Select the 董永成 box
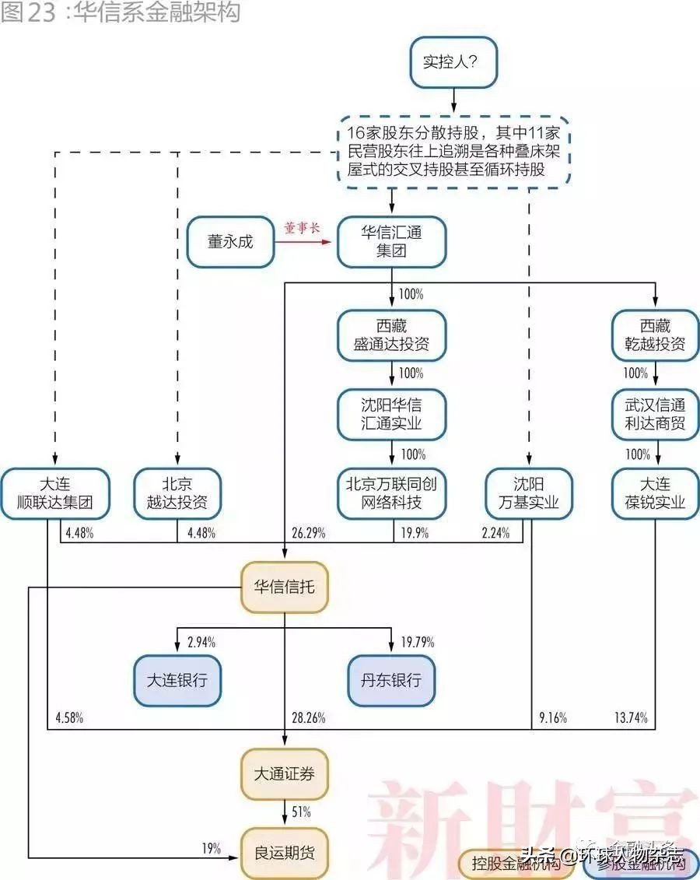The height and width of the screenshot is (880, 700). tap(230, 242)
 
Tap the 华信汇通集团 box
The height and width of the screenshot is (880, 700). tap(392, 242)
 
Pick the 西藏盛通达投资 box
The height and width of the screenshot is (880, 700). tap(392, 335)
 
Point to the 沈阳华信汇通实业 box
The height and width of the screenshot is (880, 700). tap(392, 414)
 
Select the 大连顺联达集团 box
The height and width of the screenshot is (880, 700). tap(54, 493)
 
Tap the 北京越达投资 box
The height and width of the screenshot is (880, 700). tap(177, 493)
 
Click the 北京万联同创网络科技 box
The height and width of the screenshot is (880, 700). tap(392, 493)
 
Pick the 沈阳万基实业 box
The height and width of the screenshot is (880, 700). tap(529, 493)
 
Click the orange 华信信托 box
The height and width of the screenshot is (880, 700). tap(285, 587)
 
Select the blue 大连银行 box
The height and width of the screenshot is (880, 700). tap(177, 680)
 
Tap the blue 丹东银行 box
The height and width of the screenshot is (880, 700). tap(392, 680)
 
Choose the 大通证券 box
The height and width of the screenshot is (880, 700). tap(285, 774)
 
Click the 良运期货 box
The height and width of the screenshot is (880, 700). tap(285, 853)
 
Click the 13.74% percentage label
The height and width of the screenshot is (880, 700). tap(631, 718)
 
